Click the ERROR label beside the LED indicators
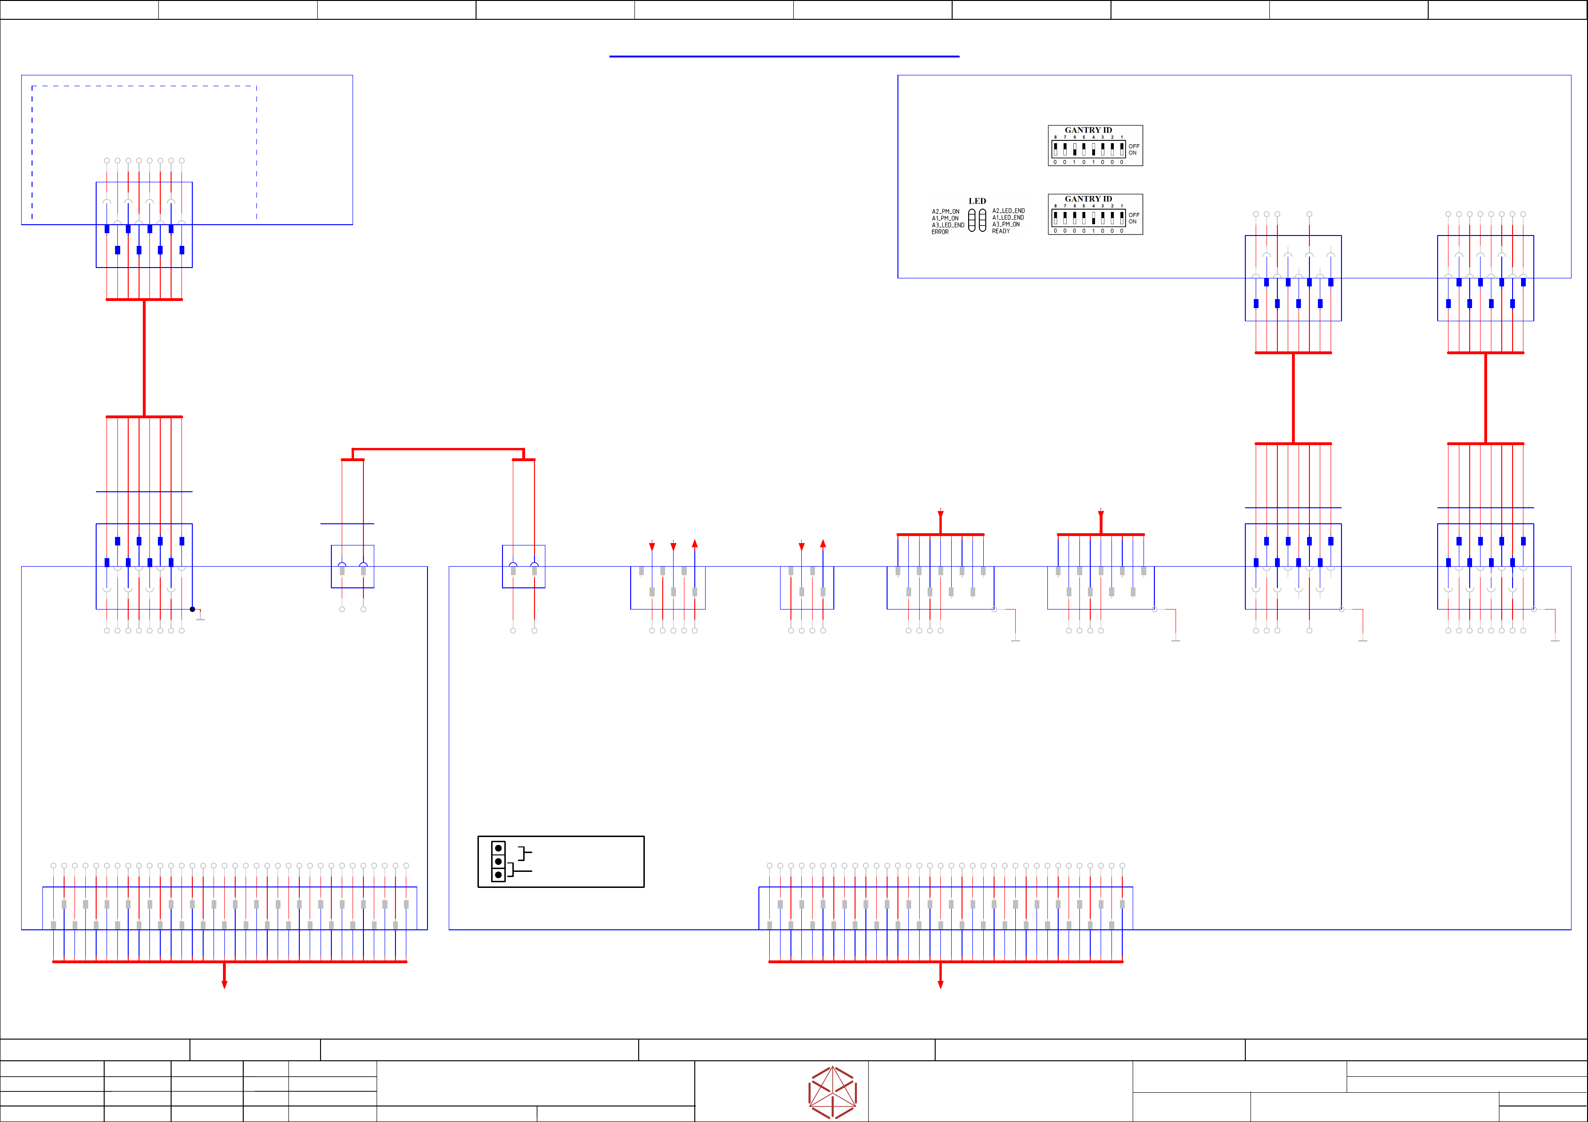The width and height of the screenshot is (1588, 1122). click(940, 232)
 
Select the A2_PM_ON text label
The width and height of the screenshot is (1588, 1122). click(946, 211)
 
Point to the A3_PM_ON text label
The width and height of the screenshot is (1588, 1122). click(1006, 225)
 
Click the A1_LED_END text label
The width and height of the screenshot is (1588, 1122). click(1008, 218)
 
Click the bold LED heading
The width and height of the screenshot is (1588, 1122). click(977, 201)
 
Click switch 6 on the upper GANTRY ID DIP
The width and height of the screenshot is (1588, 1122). click(1074, 149)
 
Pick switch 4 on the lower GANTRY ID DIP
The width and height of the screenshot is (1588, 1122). click(1094, 218)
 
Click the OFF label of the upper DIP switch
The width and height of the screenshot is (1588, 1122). click(1134, 146)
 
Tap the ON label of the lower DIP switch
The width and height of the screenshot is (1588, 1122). click(1132, 222)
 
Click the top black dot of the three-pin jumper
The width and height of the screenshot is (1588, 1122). click(498, 848)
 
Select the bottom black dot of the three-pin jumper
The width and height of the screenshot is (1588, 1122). click(498, 875)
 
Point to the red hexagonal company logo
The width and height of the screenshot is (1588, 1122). click(833, 1092)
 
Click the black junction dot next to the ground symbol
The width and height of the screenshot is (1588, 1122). click(192, 609)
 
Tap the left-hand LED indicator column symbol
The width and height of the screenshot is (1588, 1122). click(972, 220)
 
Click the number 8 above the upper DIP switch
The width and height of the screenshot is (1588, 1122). click(1055, 138)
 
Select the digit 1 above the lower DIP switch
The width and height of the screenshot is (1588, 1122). click(1122, 206)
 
